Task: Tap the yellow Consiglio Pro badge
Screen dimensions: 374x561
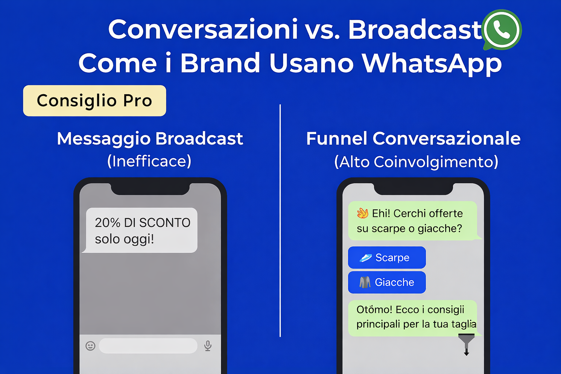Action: pyautogui.click(x=94, y=101)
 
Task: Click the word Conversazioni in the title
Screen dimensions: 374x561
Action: pyautogui.click(x=203, y=29)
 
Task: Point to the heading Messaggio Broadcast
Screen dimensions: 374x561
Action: pyautogui.click(x=150, y=139)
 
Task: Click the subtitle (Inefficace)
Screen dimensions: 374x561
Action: pyautogui.click(x=149, y=161)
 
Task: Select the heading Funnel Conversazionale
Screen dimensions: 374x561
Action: pyautogui.click(x=413, y=139)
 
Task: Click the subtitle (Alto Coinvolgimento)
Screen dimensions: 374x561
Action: pyautogui.click(x=416, y=162)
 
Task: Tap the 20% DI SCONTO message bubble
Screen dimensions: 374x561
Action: pyautogui.click(x=142, y=230)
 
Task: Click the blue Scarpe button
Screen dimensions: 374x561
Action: pyautogui.click(x=387, y=257)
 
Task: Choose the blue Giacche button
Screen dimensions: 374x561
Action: pyautogui.click(x=387, y=282)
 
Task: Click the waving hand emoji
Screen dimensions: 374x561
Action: pyautogui.click(x=362, y=213)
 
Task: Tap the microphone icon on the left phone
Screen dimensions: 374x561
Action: pyautogui.click(x=208, y=346)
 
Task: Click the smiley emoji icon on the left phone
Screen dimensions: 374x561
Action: pyautogui.click(x=91, y=346)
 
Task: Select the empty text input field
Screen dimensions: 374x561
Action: pyautogui.click(x=148, y=346)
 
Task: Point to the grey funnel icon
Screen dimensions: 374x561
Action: pyautogui.click(x=466, y=343)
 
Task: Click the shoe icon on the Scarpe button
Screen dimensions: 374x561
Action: pyautogui.click(x=365, y=258)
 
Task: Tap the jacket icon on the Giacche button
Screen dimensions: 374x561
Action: pyautogui.click(x=365, y=282)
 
